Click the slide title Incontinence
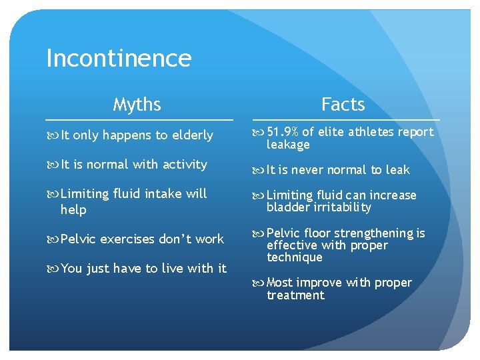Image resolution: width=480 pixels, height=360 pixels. click(119, 59)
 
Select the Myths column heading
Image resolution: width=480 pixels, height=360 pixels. click(137, 105)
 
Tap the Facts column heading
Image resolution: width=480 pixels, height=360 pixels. click(343, 105)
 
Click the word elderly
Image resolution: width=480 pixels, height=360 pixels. click(192, 135)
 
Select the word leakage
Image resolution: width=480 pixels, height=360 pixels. click(288, 145)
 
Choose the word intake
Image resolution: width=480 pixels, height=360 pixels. click(163, 194)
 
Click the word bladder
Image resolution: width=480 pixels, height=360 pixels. click(285, 207)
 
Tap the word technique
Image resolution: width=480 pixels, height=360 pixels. click(294, 258)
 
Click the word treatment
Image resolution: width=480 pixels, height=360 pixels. click(295, 295)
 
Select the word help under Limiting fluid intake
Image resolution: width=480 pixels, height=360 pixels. click(73, 209)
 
